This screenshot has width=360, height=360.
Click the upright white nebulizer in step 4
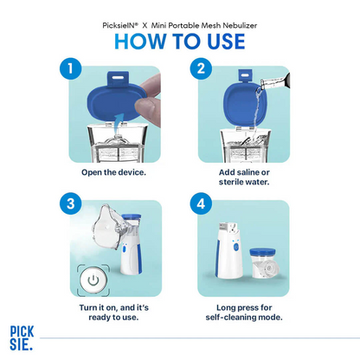point(229,247)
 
